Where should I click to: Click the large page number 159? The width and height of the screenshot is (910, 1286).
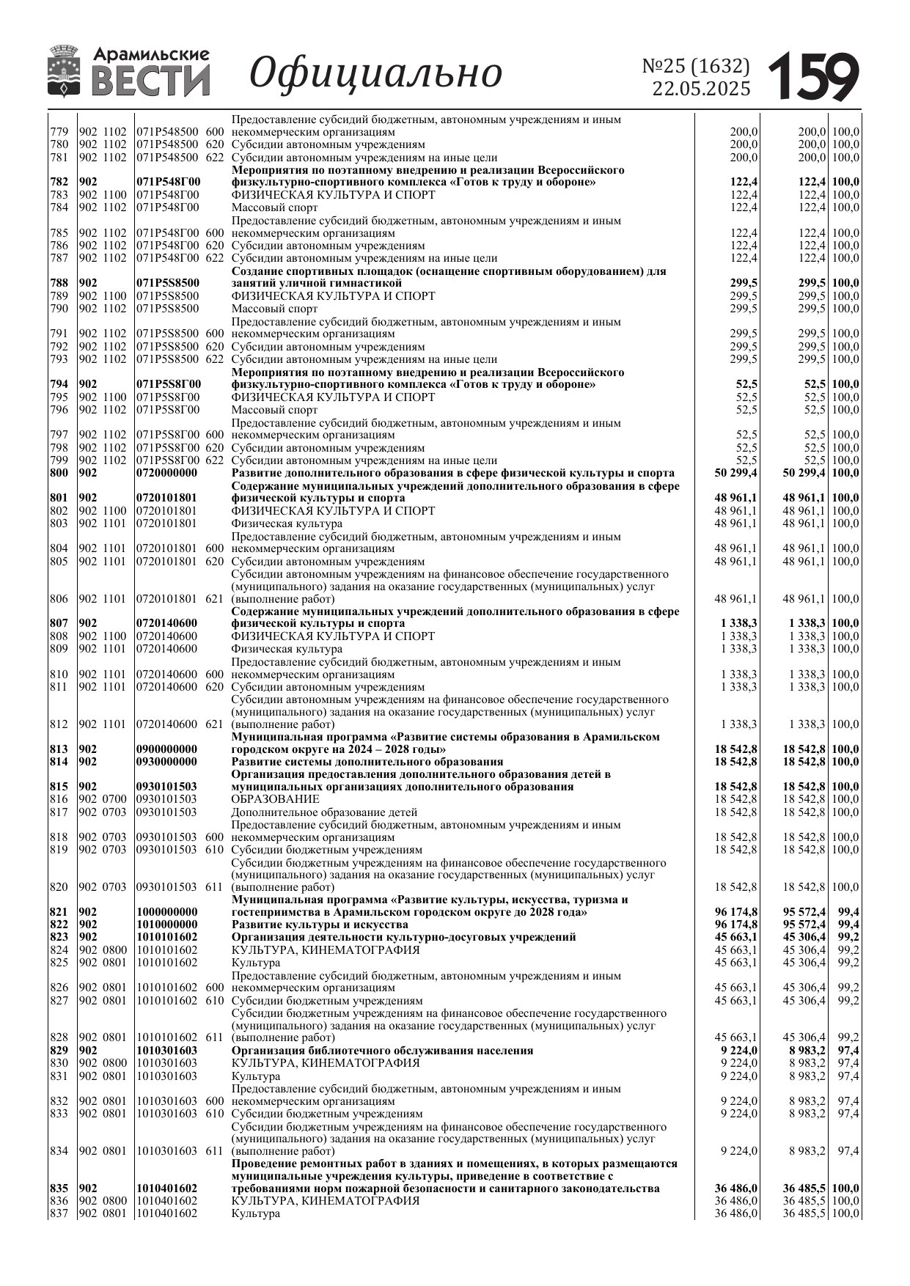point(813,76)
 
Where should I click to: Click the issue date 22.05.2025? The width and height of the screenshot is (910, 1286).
point(702,89)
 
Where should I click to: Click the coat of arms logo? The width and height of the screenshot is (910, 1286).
point(65,71)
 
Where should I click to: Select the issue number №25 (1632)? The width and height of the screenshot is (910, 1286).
point(696,66)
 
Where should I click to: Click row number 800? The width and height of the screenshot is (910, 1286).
point(59,473)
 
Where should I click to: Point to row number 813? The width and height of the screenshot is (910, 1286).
point(59,749)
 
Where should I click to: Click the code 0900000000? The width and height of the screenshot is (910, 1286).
point(166,749)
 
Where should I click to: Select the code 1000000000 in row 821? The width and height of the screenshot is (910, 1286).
point(166,913)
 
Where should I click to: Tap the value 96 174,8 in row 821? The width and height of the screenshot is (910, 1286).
point(736,913)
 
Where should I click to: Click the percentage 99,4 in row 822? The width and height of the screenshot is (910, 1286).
point(848,925)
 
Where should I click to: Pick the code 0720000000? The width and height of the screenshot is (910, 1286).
point(166,473)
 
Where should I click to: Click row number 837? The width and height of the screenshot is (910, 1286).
point(59,1213)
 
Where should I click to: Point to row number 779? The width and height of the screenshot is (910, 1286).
point(59,132)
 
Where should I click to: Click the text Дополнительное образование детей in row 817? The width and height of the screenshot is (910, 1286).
point(324,812)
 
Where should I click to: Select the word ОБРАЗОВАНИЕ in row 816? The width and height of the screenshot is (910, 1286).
point(275,799)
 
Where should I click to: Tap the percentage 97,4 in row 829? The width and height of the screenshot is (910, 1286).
point(848,1051)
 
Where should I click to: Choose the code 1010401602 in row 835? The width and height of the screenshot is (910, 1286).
point(166,1188)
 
